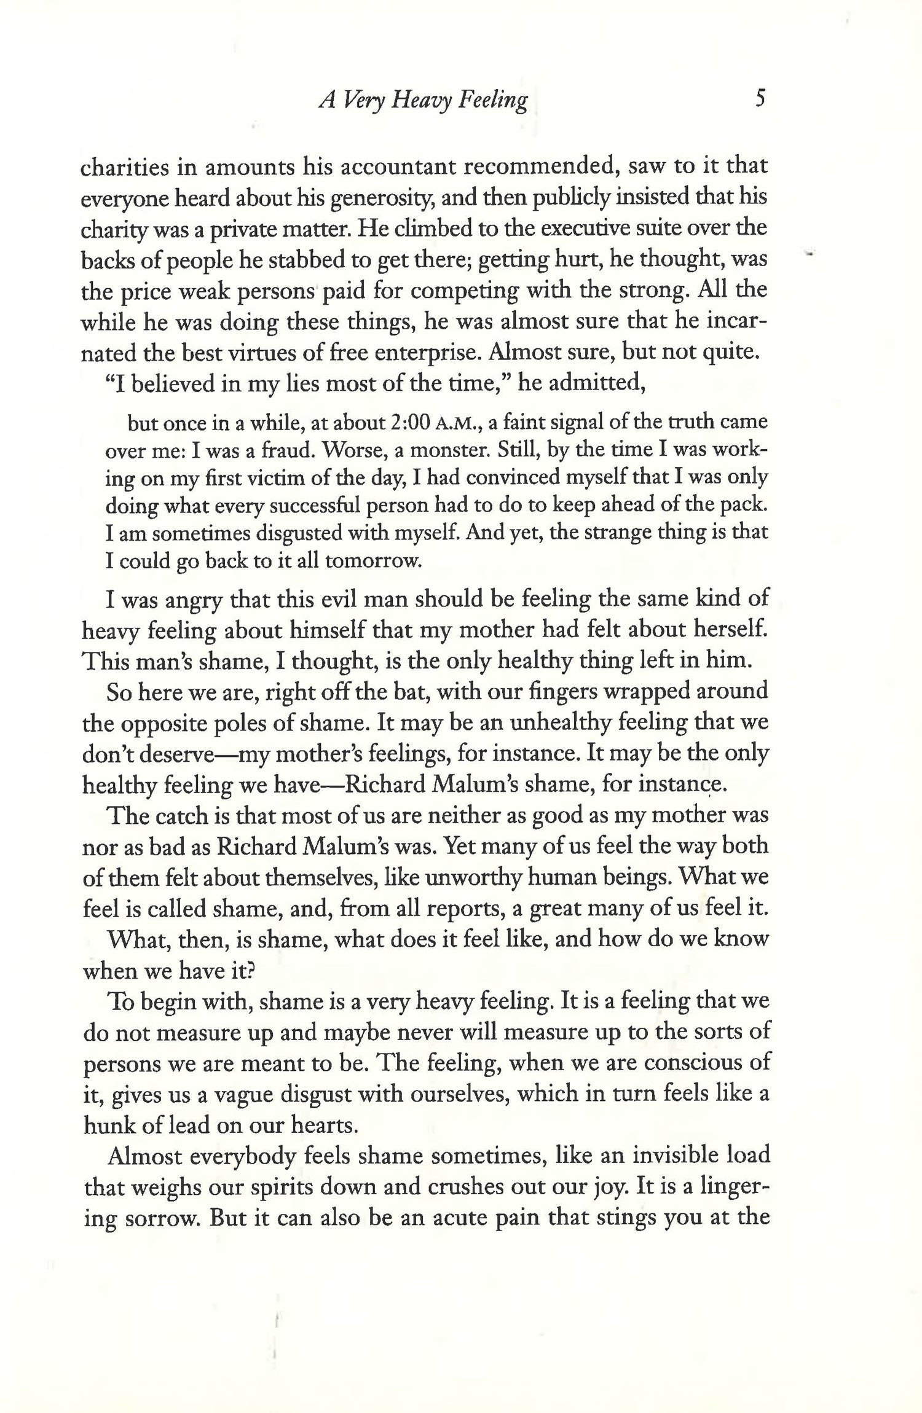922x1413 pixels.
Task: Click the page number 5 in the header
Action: point(760,98)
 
